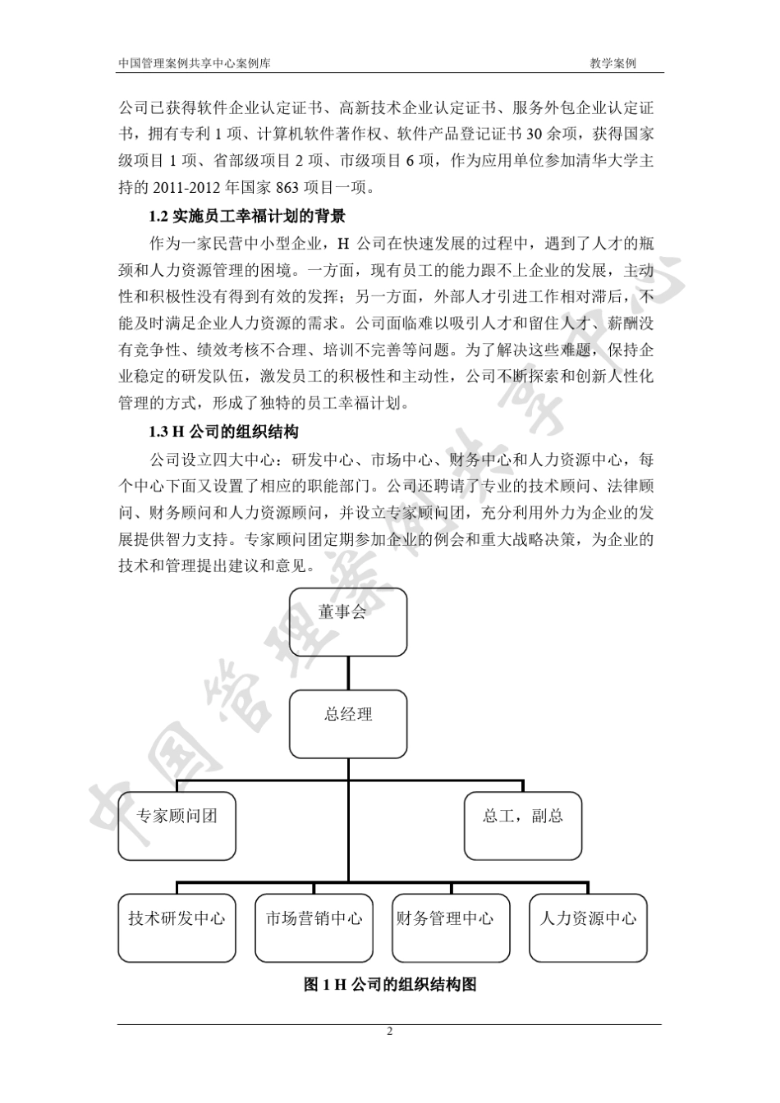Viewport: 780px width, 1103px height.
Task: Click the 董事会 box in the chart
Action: pos(348,621)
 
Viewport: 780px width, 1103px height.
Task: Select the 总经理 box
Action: pos(348,723)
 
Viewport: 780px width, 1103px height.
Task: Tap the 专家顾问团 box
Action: pos(177,826)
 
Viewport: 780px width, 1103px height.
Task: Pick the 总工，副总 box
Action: pos(523,826)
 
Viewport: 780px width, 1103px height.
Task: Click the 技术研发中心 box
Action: pos(177,927)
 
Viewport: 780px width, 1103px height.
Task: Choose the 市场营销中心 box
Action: pos(314,927)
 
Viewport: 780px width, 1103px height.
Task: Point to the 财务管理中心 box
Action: pos(451,927)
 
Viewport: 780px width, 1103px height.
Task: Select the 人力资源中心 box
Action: pos(588,927)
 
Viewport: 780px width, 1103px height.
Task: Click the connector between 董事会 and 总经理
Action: pos(348,673)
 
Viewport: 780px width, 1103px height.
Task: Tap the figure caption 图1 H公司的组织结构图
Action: pos(390,985)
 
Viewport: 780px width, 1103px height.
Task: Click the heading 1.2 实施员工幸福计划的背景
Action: pos(246,217)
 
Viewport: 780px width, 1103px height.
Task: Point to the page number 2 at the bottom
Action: pos(390,1032)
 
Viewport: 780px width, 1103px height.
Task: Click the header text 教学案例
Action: pos(613,63)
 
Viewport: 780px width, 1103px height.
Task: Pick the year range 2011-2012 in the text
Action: pos(183,188)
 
